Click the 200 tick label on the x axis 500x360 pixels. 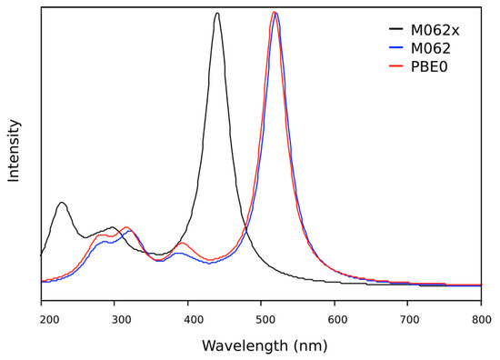(42, 319)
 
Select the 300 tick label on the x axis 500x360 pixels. (115, 319)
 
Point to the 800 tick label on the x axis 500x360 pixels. (481, 319)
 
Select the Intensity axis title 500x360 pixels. (14, 150)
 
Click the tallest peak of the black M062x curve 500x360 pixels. (216, 13)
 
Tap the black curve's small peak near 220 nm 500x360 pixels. (61, 203)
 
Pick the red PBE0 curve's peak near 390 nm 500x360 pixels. (182, 243)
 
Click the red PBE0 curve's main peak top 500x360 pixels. (274, 12)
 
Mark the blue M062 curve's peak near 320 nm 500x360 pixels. (131, 231)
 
